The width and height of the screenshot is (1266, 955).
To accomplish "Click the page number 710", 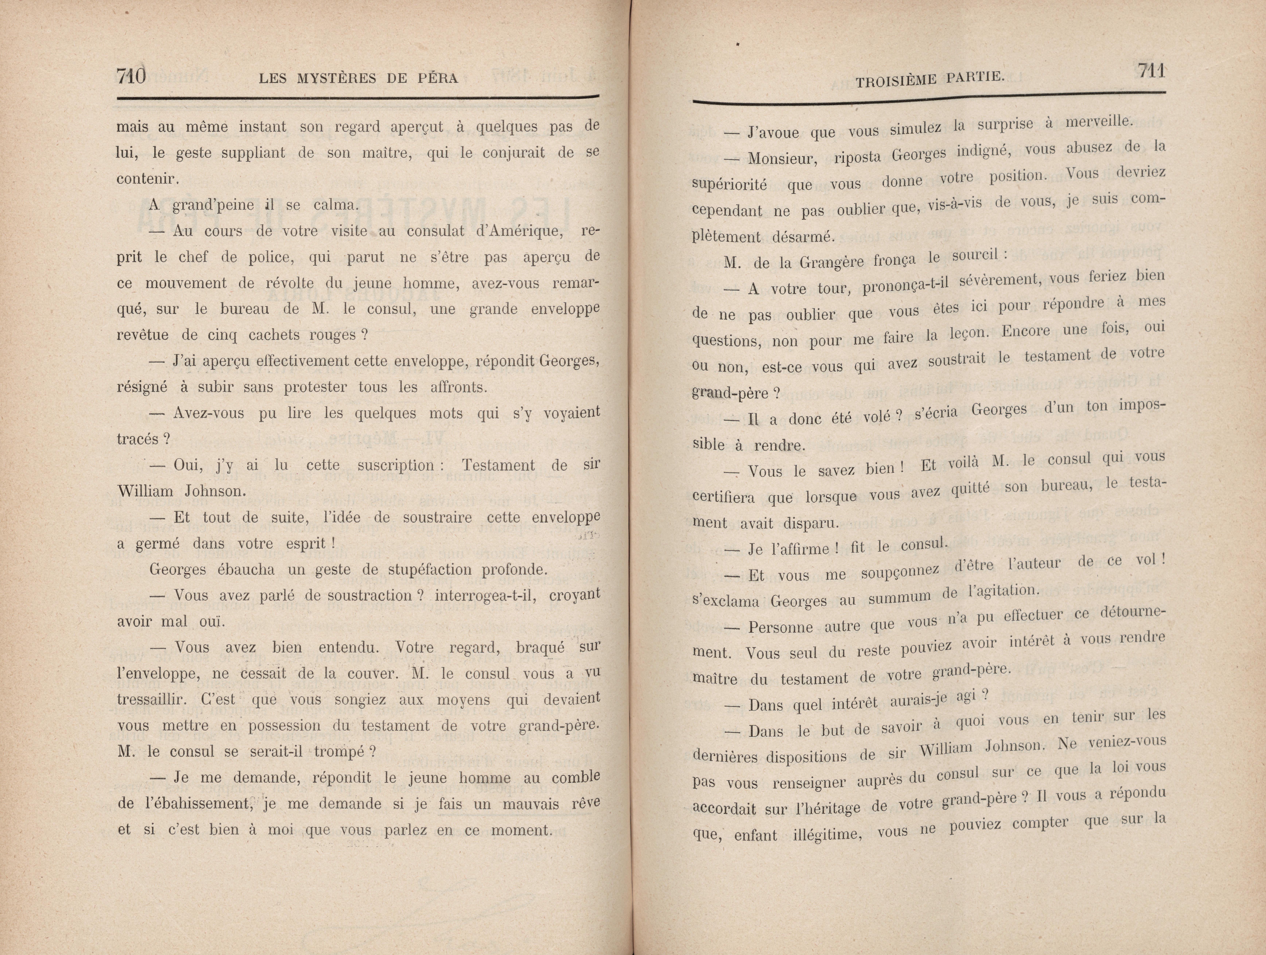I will (131, 76).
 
